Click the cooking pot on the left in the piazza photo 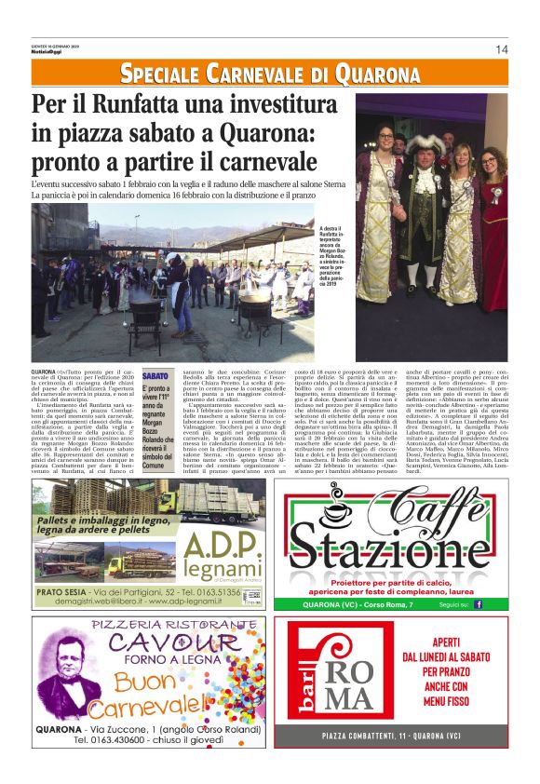[x=146, y=308]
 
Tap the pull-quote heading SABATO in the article [x=155, y=375]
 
